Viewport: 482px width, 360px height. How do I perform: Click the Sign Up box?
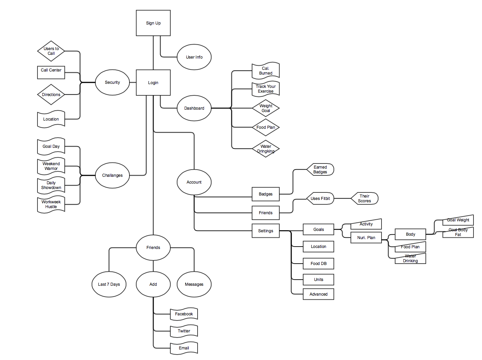coord(153,23)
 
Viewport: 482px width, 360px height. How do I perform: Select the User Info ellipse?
coord(194,57)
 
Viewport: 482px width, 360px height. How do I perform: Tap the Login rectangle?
coord(153,83)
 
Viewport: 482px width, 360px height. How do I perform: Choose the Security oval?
coord(112,82)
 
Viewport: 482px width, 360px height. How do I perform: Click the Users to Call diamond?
coord(51,51)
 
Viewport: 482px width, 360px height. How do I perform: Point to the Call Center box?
coord(51,72)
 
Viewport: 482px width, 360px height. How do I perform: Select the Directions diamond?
coord(51,95)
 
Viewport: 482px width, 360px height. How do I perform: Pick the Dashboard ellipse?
coord(194,108)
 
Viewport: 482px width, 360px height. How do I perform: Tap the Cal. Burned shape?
coord(266,71)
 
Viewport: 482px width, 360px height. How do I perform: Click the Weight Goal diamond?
coord(266,108)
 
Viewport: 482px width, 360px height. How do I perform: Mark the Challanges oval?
coord(112,175)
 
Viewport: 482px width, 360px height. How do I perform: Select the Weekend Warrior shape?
coord(51,166)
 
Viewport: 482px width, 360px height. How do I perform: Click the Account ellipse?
coord(194,182)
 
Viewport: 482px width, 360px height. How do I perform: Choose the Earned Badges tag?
coord(320,170)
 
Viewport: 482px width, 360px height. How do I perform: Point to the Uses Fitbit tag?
coord(320,199)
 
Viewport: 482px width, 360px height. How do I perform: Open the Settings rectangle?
coord(266,231)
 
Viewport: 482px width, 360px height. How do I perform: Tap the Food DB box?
coord(318,264)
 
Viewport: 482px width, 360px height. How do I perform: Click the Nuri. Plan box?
coord(366,238)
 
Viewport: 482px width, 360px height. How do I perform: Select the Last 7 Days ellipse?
coord(109,284)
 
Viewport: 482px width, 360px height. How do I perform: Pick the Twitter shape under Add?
coord(184,331)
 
